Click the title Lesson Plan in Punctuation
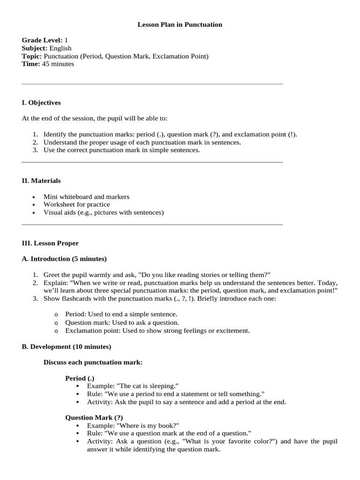click(180, 24)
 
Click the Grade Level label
click(42, 41)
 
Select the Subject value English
click(60, 48)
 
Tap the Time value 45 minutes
click(58, 64)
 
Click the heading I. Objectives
click(41, 103)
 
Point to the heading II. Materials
click(41, 180)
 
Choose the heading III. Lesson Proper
click(50, 243)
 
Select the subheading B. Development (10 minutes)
click(67, 347)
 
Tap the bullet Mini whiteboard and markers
click(86, 197)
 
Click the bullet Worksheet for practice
click(76, 204)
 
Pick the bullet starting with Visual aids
click(104, 212)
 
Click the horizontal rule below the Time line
click(152, 84)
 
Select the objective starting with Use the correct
click(121, 150)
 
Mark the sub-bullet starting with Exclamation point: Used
click(157, 330)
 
